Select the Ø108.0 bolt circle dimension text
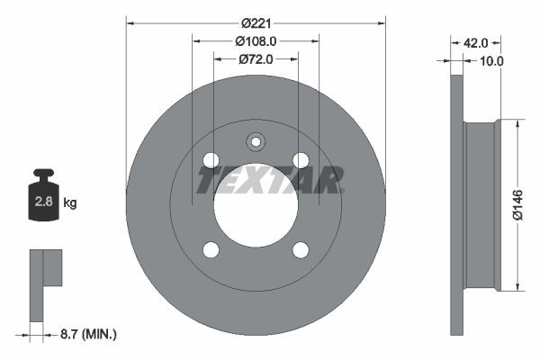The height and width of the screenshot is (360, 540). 256,40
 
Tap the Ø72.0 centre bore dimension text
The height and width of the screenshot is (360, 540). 256,59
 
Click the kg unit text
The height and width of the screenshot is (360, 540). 69,203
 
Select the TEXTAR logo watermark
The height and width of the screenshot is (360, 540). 270,180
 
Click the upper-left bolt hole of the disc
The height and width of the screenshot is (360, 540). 211,160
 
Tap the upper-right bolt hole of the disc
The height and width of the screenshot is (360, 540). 301,160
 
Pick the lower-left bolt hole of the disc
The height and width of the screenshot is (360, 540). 211,249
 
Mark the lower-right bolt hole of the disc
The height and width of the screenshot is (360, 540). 301,249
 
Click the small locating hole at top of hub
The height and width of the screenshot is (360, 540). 256,141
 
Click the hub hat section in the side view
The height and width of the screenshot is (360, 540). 481,205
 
